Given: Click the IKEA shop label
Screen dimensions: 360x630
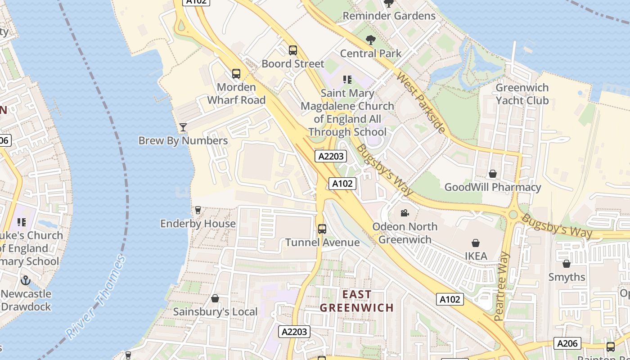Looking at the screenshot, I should (476, 256).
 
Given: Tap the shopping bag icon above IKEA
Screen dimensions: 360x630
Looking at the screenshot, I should (476, 243).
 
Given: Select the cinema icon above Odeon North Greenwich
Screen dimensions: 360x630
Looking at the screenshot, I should (405, 213).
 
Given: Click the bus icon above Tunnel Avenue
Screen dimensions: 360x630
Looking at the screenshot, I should (322, 229).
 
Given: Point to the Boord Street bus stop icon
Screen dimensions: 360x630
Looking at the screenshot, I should (293, 50).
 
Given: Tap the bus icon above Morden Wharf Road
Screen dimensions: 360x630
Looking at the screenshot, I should (236, 74).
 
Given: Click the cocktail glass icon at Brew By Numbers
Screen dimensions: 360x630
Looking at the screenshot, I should (183, 127).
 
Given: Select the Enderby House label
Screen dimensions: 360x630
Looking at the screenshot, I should (198, 224).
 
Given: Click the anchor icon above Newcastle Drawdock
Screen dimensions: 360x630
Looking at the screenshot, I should (26, 280).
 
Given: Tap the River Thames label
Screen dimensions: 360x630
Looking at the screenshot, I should (96, 297).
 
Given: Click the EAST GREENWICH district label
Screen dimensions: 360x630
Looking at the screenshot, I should (357, 301).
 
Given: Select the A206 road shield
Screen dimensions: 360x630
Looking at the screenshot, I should (567, 344).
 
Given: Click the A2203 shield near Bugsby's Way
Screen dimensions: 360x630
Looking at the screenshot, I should (330, 156).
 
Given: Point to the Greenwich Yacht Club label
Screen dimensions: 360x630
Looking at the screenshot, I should (522, 94).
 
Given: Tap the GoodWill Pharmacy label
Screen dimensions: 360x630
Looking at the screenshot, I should (493, 187).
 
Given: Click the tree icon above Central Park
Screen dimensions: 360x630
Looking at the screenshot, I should (371, 40).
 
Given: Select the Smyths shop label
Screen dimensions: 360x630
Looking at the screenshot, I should (567, 277).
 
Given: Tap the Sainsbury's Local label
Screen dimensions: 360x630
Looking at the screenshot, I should (215, 311).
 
